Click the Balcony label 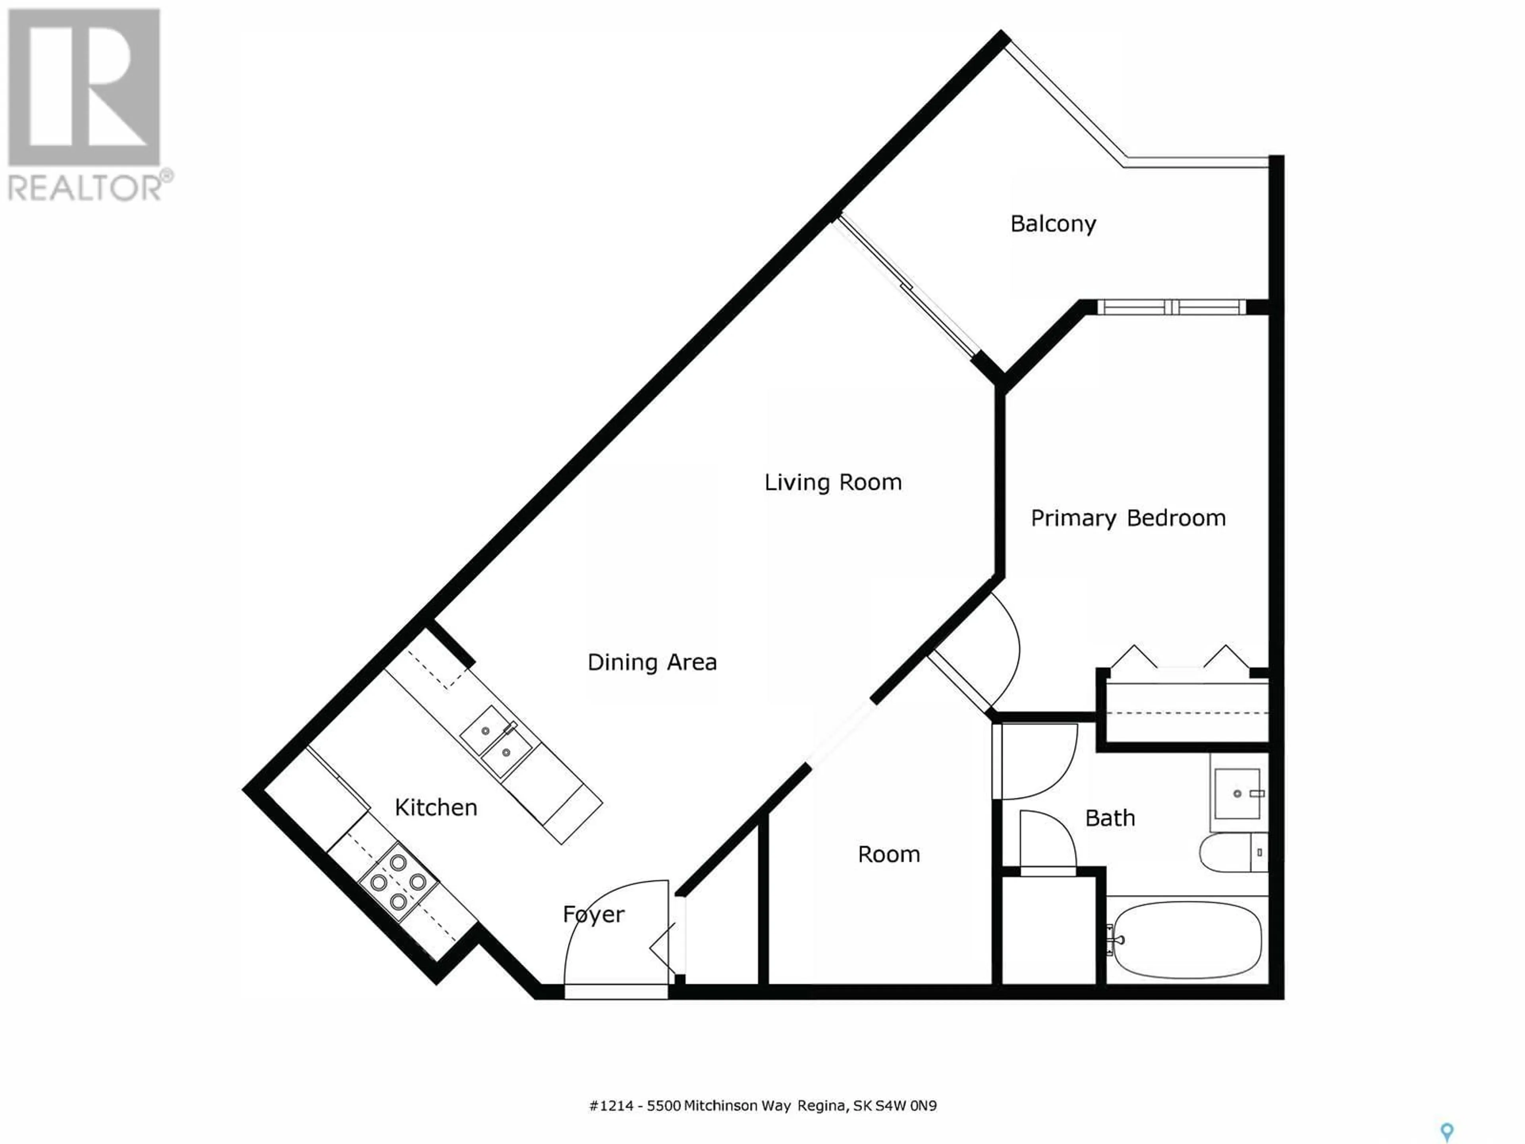coord(1053,224)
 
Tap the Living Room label coord(833,482)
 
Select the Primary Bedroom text coord(1128,518)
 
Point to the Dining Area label coord(652,663)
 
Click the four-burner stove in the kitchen coord(398,882)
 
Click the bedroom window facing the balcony coord(1172,307)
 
